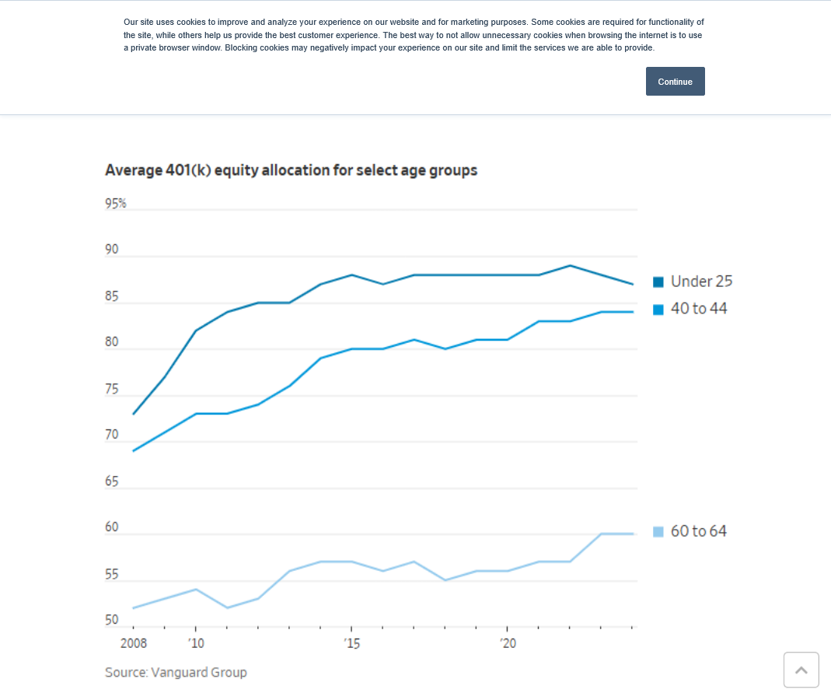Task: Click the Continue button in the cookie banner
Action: (675, 82)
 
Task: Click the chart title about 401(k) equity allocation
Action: (291, 170)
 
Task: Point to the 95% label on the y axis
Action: (116, 204)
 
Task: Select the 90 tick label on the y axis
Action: (112, 250)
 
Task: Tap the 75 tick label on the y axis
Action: (112, 389)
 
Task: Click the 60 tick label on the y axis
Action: (112, 527)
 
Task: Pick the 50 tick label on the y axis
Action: (112, 620)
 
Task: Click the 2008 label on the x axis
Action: (134, 643)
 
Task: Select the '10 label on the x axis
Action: (196, 643)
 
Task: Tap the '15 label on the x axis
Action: (351, 643)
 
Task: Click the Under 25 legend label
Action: (701, 282)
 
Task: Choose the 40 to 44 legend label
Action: (699, 309)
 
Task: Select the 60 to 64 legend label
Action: (699, 531)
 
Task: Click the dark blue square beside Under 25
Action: (658, 282)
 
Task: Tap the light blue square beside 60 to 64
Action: (658, 532)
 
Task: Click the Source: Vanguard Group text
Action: (176, 672)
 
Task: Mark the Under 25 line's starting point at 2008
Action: (134, 414)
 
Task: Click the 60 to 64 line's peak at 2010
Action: (196, 590)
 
